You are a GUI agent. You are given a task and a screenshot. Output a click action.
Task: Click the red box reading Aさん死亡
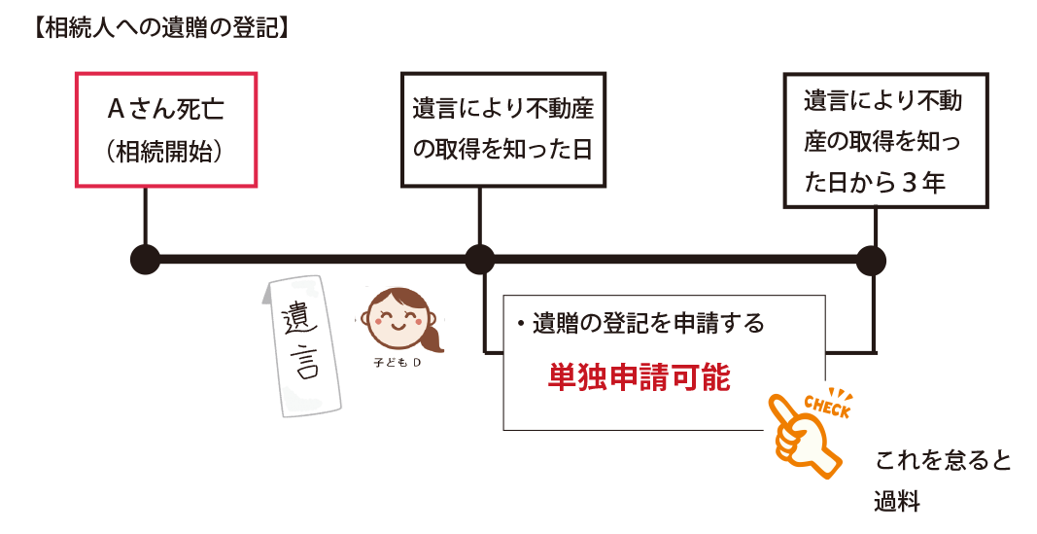click(165, 109)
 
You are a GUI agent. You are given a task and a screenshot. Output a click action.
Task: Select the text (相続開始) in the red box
click(165, 152)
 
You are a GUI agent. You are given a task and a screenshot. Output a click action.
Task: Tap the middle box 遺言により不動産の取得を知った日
click(502, 129)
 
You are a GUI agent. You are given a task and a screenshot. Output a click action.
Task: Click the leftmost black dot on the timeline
click(145, 260)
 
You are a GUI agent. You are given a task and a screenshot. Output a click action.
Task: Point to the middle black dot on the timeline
click(480, 260)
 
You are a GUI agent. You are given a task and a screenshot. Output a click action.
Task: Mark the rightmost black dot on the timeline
click(871, 260)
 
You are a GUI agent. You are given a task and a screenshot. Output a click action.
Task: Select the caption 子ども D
click(397, 363)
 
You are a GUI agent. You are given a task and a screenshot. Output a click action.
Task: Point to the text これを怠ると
click(943, 461)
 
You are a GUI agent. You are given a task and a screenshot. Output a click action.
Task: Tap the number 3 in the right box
click(908, 183)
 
